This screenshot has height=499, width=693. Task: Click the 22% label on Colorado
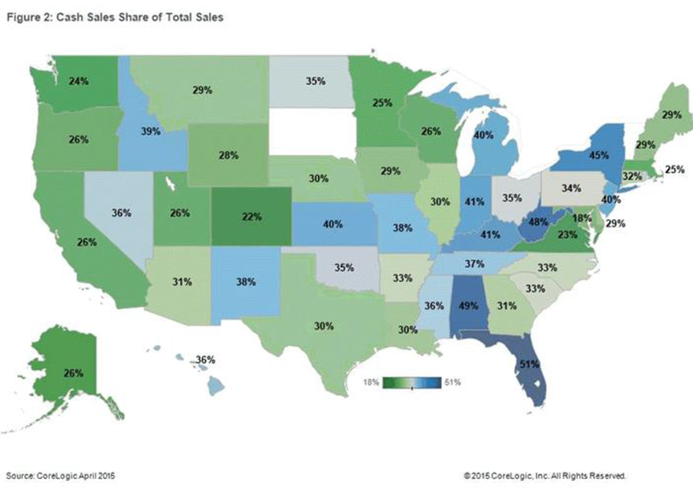pyautogui.click(x=252, y=216)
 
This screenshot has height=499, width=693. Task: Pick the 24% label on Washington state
pyautogui.click(x=78, y=81)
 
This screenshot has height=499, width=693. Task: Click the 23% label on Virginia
pyautogui.click(x=548, y=234)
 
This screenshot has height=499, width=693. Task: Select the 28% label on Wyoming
pyautogui.click(x=229, y=156)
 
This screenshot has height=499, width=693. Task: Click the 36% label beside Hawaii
pyautogui.click(x=205, y=359)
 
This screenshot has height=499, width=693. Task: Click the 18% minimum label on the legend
pyautogui.click(x=371, y=382)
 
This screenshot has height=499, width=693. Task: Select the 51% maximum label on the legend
pyautogui.click(x=452, y=382)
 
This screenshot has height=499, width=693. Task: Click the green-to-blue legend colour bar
pyautogui.click(x=412, y=382)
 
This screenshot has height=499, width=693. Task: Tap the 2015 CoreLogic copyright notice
pyautogui.click(x=546, y=476)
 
